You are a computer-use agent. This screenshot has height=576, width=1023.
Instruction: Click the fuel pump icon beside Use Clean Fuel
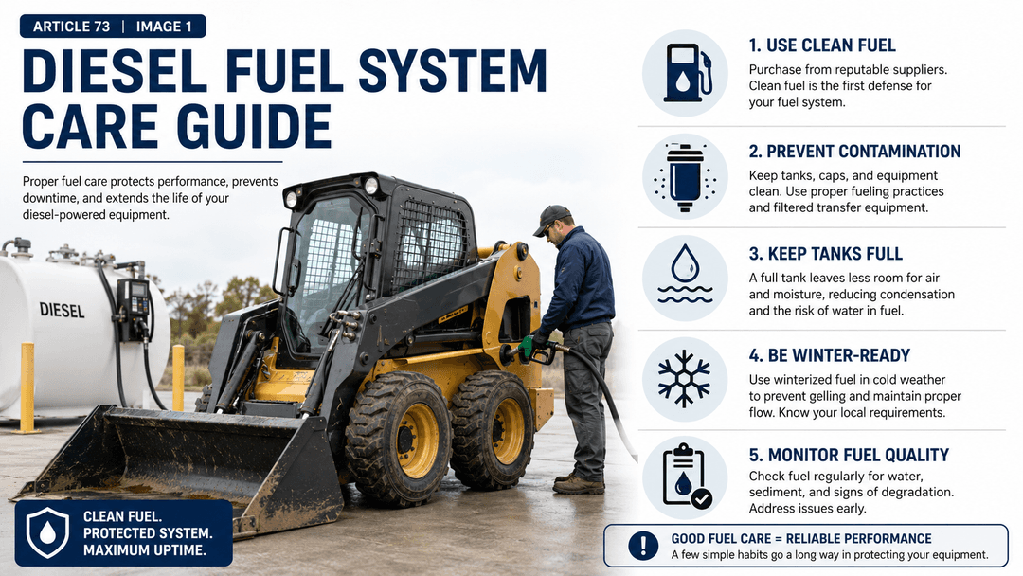pyautogui.click(x=687, y=72)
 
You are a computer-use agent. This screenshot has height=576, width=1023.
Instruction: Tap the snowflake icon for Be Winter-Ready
pyautogui.click(x=684, y=379)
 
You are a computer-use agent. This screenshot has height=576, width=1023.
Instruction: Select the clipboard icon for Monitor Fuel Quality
pyautogui.click(x=686, y=477)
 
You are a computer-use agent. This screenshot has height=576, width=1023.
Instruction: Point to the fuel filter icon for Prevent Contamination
pyautogui.click(x=685, y=177)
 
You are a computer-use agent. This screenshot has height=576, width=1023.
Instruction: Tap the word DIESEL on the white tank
pyautogui.click(x=62, y=310)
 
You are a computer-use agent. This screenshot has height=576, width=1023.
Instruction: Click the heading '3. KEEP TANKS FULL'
pyautogui.click(x=825, y=254)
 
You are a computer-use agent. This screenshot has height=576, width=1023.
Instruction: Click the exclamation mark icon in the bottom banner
pyautogui.click(x=643, y=546)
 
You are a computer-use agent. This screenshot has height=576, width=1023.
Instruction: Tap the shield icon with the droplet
pyautogui.click(x=47, y=533)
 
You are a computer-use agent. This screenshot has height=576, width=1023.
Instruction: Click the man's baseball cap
pyautogui.click(x=551, y=219)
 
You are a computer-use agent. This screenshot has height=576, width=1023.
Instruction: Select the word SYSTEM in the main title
pyautogui.click(x=453, y=70)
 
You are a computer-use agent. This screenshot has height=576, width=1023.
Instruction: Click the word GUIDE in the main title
pyautogui.click(x=255, y=126)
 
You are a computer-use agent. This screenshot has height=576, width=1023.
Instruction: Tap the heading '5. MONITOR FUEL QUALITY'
pyautogui.click(x=849, y=455)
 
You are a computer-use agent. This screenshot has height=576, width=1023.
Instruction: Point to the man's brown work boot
pyautogui.click(x=578, y=485)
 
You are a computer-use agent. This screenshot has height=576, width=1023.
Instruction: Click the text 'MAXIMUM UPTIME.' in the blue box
pyautogui.click(x=144, y=549)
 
